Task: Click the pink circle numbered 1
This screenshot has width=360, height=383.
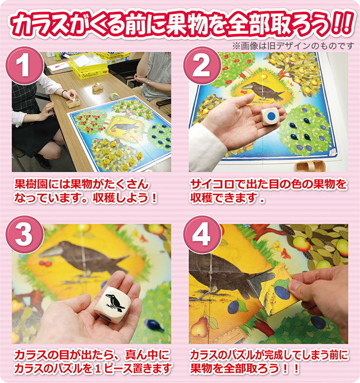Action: point(24,66)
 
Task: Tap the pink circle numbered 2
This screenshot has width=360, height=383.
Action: point(201,66)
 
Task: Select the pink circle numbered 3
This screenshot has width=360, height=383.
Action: point(24,235)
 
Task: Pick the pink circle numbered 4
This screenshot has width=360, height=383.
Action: point(201,235)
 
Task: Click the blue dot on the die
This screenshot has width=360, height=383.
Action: point(271,116)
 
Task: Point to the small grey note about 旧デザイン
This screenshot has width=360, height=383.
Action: point(293,46)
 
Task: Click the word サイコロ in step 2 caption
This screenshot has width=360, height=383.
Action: point(212,184)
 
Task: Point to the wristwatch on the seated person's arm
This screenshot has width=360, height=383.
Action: point(148,83)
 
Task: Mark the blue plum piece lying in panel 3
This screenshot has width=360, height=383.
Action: point(154,326)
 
